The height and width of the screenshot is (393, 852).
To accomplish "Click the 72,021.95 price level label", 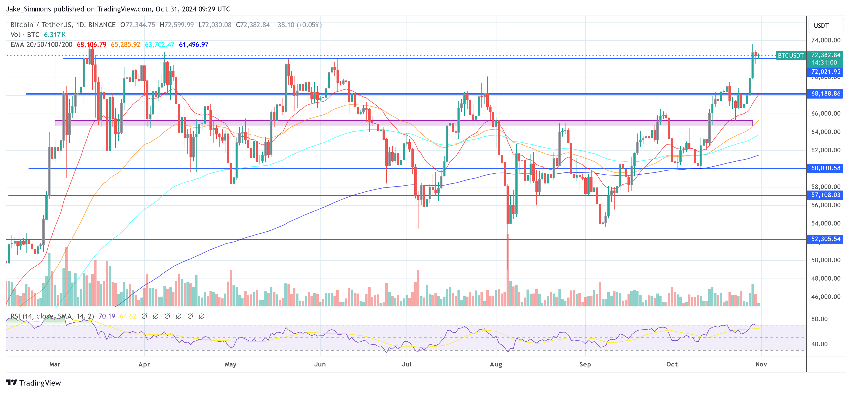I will (x=825, y=72).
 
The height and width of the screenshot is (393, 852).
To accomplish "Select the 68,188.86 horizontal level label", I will (x=825, y=94).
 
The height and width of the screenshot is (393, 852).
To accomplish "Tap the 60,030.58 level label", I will (x=825, y=168).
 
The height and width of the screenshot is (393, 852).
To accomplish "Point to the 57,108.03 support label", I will (x=825, y=195).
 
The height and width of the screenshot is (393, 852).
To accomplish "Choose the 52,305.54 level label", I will (x=825, y=239).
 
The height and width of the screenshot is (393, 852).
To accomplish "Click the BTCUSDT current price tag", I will (x=790, y=56).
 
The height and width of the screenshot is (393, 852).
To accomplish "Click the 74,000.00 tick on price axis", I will (x=825, y=40).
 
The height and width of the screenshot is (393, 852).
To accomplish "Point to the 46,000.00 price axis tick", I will (x=825, y=297).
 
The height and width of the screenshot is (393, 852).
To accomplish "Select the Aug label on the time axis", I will (x=496, y=364).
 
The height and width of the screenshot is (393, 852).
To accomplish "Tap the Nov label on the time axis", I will (x=761, y=364).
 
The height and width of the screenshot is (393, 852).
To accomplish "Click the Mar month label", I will (x=55, y=364).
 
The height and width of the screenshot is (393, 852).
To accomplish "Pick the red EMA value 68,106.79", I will (x=92, y=45).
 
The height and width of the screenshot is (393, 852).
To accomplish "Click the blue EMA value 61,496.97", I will (x=194, y=45).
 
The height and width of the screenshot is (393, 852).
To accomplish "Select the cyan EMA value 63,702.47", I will (x=159, y=45).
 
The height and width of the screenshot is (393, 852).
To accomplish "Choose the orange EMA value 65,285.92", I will (x=125, y=45).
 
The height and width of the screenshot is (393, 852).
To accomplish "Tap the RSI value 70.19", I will (x=107, y=316).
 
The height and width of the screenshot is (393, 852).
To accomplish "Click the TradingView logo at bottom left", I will (x=33, y=383).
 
